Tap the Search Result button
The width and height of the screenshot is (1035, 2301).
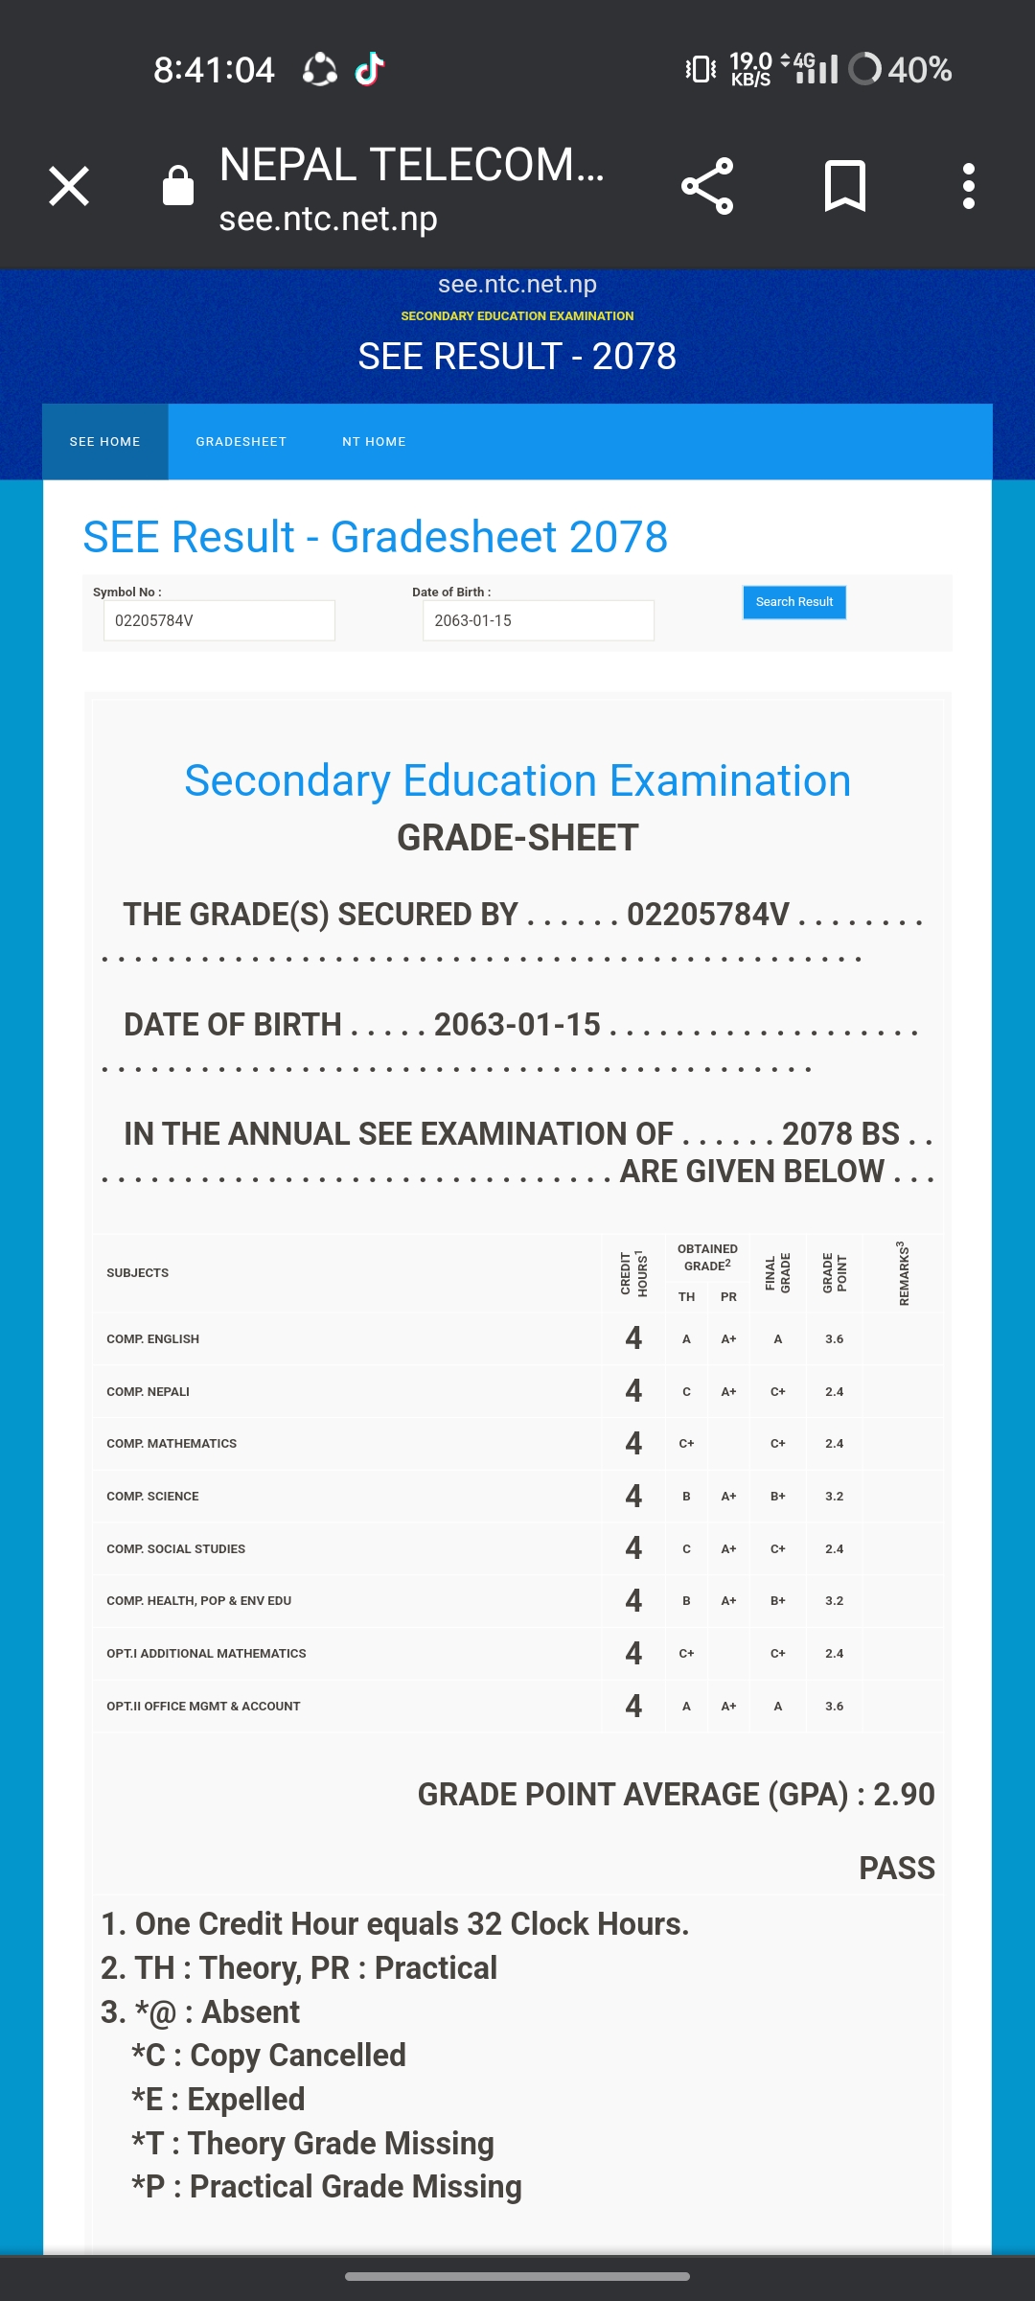[x=793, y=602]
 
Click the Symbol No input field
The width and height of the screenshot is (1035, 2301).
[x=218, y=620]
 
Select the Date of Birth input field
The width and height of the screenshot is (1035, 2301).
[x=538, y=620]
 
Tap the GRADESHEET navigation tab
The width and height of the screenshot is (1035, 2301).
[x=241, y=442]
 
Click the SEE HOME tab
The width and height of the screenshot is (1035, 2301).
[x=105, y=442]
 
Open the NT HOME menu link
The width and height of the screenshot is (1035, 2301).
[x=374, y=442]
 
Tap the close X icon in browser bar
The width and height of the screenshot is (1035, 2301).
[x=69, y=186]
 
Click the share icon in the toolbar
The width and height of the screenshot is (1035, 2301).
[x=707, y=186]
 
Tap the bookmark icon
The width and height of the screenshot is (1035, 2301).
[x=844, y=186]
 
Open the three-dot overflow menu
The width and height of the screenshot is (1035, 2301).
[x=969, y=186]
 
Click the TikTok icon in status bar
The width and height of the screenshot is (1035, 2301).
[x=370, y=69]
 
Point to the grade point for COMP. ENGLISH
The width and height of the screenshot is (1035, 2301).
[x=834, y=1339]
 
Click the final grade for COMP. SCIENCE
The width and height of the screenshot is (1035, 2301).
[x=777, y=1497]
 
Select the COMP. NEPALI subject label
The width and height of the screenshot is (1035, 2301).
[x=149, y=1392]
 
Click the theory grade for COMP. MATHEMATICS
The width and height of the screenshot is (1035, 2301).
[x=686, y=1444]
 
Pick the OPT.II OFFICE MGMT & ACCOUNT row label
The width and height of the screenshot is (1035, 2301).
[x=203, y=1707]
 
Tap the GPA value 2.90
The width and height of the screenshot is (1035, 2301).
[x=903, y=1795]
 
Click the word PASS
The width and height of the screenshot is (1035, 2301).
[x=896, y=1869]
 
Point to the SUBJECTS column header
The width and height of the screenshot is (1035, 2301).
[x=138, y=1273]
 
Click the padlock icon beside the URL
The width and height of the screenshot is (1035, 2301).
[x=178, y=186]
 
